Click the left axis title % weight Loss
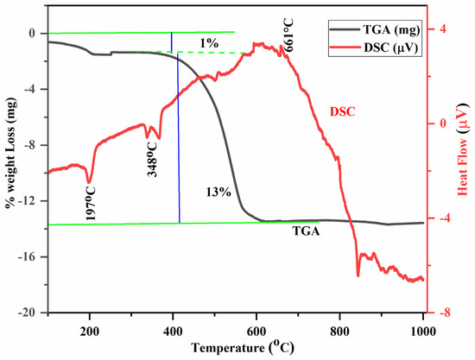(x=9, y=164)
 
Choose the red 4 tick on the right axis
(x=443, y=28)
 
